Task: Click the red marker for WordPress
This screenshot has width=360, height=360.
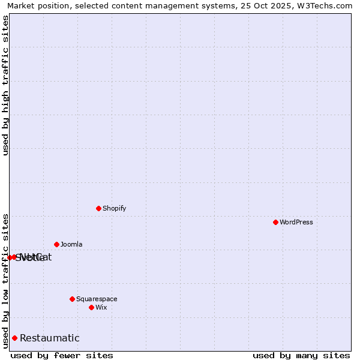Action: [x=275, y=222]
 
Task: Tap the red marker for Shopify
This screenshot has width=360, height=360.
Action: [x=98, y=208]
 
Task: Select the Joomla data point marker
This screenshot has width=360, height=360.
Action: [x=56, y=244]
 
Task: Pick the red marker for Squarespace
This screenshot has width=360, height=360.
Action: [x=72, y=299]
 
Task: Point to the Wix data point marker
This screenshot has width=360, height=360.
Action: [x=91, y=307]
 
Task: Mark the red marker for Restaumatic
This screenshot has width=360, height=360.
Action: [x=14, y=338]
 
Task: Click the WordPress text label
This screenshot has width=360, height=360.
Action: [x=296, y=222]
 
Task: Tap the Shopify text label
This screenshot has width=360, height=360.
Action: [x=114, y=208]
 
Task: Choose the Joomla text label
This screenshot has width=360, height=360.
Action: [x=71, y=244]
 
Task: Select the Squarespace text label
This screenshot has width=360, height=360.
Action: [x=97, y=299]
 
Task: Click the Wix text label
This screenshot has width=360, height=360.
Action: [x=101, y=307]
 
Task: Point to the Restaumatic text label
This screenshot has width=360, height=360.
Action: [x=50, y=338]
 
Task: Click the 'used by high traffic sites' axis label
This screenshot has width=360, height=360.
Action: [x=5, y=85]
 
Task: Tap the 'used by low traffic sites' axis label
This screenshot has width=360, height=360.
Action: [x=5, y=280]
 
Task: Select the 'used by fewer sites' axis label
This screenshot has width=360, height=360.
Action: [x=62, y=355]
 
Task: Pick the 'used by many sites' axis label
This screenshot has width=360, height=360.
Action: [x=301, y=355]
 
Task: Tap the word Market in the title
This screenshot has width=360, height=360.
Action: [x=22, y=6]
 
